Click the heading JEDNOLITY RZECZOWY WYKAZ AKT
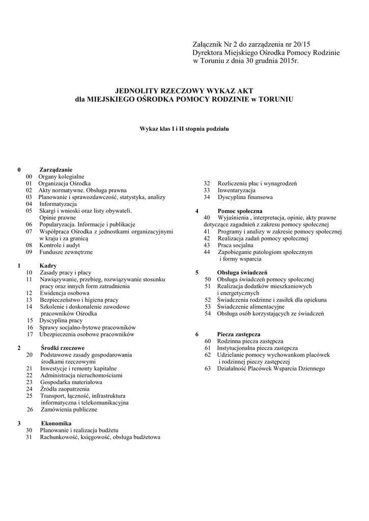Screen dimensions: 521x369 (184, 90)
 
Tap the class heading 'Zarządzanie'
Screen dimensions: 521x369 (56, 169)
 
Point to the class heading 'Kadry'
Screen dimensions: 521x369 (48, 266)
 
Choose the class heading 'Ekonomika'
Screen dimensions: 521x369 (56, 423)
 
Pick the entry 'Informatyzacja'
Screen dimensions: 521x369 (58, 204)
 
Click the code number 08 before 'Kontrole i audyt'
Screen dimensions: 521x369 (29, 245)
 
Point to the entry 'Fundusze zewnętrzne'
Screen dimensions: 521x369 (66, 252)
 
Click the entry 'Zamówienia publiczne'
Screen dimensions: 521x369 (69, 409)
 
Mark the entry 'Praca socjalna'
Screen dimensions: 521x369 (235, 245)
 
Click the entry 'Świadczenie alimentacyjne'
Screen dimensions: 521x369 (250, 307)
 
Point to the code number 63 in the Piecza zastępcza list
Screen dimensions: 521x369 (208, 368)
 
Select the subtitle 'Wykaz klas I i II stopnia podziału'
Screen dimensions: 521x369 (184, 129)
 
